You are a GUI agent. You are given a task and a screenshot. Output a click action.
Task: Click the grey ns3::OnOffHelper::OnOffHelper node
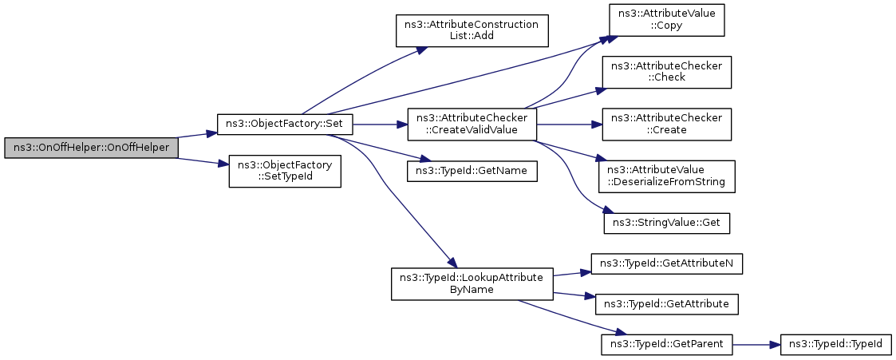point(91,148)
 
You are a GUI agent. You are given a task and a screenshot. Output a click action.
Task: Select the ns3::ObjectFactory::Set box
point(285,124)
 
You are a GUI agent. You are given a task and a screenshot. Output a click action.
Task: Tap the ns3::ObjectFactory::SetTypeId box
point(285,171)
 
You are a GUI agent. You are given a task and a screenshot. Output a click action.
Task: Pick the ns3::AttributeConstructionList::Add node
point(472,30)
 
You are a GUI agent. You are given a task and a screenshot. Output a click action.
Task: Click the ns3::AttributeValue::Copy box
point(666,20)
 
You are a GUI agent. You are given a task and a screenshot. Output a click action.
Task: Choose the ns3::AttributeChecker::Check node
point(667,71)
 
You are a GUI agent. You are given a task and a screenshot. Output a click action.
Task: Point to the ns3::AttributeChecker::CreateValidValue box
point(472,124)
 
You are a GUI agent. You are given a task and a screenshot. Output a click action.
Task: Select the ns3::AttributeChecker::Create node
point(667,124)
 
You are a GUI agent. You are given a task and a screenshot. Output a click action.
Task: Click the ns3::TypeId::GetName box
point(472,171)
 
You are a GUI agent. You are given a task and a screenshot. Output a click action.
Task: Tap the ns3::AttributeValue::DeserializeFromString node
point(667,176)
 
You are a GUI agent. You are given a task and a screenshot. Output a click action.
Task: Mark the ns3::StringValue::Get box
point(667,222)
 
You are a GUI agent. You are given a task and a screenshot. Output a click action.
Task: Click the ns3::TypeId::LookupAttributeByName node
point(472,283)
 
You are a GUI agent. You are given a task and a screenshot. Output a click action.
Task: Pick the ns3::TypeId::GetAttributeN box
point(667,263)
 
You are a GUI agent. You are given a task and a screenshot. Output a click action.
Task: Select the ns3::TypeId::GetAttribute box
point(667,303)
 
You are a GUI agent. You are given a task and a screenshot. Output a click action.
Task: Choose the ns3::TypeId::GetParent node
point(667,345)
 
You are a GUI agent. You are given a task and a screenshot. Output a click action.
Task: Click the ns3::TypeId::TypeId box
point(835,345)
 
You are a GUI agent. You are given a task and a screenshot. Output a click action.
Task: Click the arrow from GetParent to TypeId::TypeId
point(756,345)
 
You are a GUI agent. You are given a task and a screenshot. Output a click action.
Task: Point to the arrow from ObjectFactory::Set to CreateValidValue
point(380,124)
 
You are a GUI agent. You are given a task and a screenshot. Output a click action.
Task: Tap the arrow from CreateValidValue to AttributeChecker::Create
point(570,124)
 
